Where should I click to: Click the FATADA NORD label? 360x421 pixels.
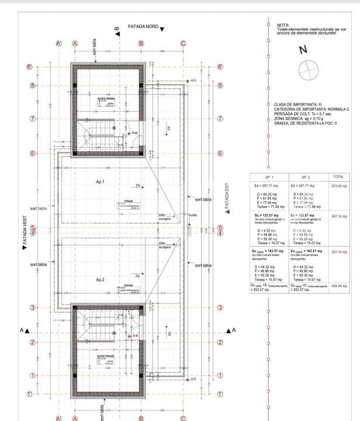coord(143,27)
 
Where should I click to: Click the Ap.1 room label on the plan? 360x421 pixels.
coord(100,182)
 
